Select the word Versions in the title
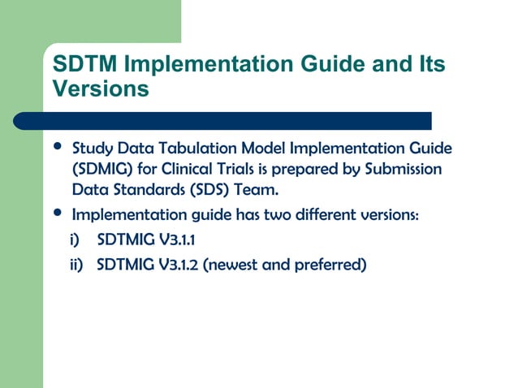[x=100, y=88]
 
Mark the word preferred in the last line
[x=327, y=265]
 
